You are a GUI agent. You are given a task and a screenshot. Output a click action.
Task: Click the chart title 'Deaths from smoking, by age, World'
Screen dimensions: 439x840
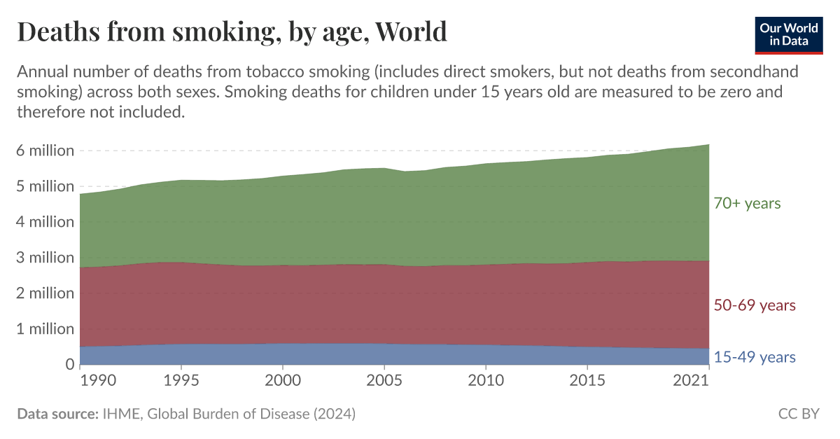coord(232,32)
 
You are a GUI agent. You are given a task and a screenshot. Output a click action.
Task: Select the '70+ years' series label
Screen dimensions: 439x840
coord(747,204)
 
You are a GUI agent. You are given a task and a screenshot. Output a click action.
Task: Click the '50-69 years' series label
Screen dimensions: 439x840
coord(755,305)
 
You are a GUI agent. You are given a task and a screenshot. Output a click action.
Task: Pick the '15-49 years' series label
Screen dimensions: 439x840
coord(755,357)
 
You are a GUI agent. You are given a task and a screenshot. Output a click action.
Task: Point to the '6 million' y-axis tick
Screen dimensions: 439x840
coord(45,151)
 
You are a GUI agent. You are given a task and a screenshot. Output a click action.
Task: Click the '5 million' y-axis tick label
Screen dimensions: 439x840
coord(45,186)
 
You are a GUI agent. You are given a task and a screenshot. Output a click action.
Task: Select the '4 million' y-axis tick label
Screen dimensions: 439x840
coord(45,222)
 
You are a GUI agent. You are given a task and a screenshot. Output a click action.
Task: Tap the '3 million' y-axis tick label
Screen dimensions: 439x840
coord(45,258)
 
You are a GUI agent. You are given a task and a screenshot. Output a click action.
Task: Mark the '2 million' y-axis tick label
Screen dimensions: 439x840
coord(45,293)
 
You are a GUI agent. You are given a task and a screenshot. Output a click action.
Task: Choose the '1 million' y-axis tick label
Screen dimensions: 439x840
coord(45,328)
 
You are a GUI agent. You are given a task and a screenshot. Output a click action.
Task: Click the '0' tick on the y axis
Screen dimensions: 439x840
coord(69,364)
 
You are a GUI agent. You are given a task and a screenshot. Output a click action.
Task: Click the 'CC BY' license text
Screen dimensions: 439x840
coord(799,414)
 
